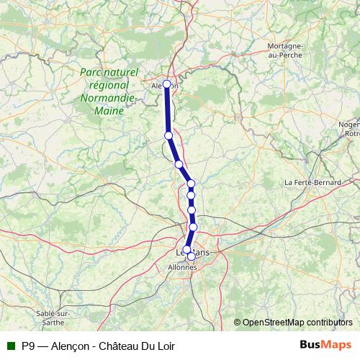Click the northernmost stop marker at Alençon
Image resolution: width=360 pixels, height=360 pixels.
pos(167,84)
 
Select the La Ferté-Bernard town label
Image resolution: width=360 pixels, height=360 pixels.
pos(312,183)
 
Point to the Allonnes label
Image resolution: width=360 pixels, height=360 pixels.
pos(181,267)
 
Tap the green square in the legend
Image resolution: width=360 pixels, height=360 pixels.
pos(10,346)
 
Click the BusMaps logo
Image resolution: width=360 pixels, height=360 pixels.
pos(325,345)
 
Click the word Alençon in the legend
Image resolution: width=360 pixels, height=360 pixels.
pos(70,346)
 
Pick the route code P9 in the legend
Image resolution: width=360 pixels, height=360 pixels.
pos(28,346)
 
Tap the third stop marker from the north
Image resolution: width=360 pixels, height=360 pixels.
pos(179,164)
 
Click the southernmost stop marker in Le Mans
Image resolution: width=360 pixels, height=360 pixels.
pos(191,256)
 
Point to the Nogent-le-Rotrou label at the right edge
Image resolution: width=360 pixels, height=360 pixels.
pos(351,128)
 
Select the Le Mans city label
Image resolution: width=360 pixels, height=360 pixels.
pos(193,253)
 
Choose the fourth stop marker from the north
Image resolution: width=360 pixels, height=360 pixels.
pos(191,184)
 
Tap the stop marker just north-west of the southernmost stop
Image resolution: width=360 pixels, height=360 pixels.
pos(186,250)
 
